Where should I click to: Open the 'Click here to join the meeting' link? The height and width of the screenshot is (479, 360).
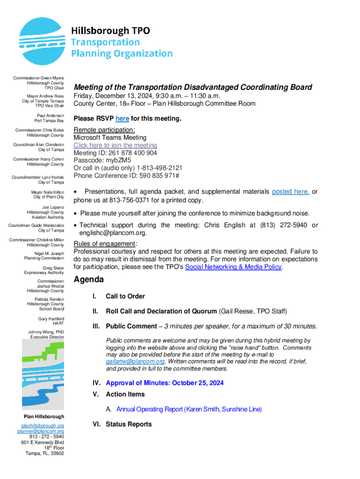pyautogui.click(x=115, y=145)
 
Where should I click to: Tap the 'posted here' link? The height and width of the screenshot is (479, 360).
pyautogui.click(x=290, y=191)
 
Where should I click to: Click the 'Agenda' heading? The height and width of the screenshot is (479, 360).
pyautogui.click(x=89, y=280)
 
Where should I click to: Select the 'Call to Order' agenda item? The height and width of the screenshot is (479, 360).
pyautogui.click(x=125, y=296)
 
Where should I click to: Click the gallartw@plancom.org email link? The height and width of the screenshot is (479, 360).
pyautogui.click(x=135, y=362)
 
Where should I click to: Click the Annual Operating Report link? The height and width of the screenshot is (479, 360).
pyautogui.click(x=189, y=409)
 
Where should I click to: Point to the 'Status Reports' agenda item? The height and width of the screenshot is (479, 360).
pyautogui.click(x=129, y=424)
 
